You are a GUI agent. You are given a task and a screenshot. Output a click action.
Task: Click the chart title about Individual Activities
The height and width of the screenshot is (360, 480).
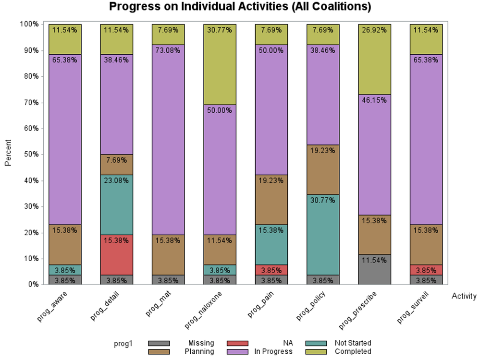pos(240,7)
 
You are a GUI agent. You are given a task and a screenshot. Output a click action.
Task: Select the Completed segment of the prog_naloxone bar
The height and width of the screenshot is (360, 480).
pos(220,64)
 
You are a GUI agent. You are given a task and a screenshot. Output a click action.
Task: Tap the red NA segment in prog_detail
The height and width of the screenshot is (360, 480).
pos(117,255)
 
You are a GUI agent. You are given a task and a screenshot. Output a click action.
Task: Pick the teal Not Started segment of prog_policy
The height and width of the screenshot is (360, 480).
pos(323,235)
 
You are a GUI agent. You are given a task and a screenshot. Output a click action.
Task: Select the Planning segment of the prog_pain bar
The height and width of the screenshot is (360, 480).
pos(271,200)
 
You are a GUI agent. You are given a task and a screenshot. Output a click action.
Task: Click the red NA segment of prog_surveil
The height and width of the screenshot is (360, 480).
pos(426,270)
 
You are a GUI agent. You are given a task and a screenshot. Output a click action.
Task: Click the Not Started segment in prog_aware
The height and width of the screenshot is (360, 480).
pos(65,270)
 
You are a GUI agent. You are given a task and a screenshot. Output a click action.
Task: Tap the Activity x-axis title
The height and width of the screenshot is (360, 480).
pos(464,296)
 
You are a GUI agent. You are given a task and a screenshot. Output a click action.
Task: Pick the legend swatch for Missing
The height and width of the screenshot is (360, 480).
pos(159,343)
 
